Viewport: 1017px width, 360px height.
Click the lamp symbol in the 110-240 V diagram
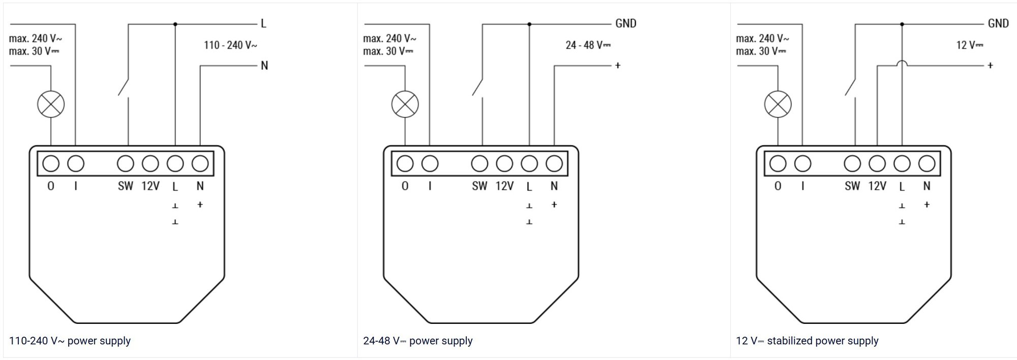[x=51, y=104]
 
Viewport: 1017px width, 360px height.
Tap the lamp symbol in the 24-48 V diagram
[x=405, y=104]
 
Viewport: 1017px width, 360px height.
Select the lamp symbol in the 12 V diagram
[x=777, y=104]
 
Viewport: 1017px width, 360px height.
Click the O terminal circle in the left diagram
[x=51, y=164]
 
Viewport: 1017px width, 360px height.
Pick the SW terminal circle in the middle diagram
[x=480, y=164]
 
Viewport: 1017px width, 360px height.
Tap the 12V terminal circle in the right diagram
[x=877, y=164]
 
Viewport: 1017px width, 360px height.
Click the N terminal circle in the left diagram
[x=200, y=164]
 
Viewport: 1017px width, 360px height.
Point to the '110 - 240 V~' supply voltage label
[x=230, y=45]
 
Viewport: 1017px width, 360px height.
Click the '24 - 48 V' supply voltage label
[x=588, y=45]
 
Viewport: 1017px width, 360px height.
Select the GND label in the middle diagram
[x=625, y=23]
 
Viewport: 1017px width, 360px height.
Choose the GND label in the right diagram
[x=998, y=23]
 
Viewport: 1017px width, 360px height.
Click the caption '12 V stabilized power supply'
[x=807, y=341]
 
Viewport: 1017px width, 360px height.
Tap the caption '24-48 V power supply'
[x=417, y=341]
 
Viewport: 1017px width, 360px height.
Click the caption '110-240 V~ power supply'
[x=70, y=341]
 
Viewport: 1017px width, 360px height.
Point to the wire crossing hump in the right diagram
[x=902, y=63]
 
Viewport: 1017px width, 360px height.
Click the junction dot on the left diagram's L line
[x=175, y=24]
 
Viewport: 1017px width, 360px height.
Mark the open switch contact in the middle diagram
[x=478, y=86]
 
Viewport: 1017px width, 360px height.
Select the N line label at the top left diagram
[x=264, y=66]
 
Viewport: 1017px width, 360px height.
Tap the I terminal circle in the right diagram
[x=802, y=164]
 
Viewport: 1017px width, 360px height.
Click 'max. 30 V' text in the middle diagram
[x=388, y=51]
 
